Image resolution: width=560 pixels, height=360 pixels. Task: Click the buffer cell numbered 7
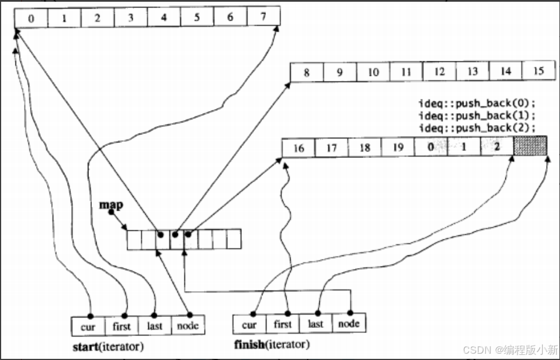coord(263,17)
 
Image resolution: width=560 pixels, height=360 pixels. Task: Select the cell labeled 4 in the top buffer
coord(163,17)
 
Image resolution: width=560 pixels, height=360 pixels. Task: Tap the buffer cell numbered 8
coord(306,72)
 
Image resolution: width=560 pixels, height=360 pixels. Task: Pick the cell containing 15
coord(538,72)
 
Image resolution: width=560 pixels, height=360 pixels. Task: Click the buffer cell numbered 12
coord(439,72)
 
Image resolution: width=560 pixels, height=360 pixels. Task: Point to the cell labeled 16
coord(298,148)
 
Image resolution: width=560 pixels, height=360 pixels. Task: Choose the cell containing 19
coord(397,148)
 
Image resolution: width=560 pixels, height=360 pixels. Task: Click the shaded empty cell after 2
coord(530,146)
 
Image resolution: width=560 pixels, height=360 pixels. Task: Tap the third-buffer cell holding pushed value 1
coord(464,148)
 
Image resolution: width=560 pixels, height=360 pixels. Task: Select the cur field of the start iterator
coord(88,326)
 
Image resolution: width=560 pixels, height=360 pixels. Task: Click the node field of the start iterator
coord(188,326)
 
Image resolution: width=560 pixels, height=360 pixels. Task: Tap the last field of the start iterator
coord(155,326)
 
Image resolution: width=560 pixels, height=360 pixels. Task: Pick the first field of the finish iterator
coord(283,324)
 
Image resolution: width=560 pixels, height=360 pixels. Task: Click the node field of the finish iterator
coord(349,324)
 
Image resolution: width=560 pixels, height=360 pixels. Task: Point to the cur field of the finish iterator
coord(249,325)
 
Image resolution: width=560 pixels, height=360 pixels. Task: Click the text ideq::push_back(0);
coord(477,104)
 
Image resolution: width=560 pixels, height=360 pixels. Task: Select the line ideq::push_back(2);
coord(477,127)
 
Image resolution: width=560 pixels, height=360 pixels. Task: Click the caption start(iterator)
coord(108,347)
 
